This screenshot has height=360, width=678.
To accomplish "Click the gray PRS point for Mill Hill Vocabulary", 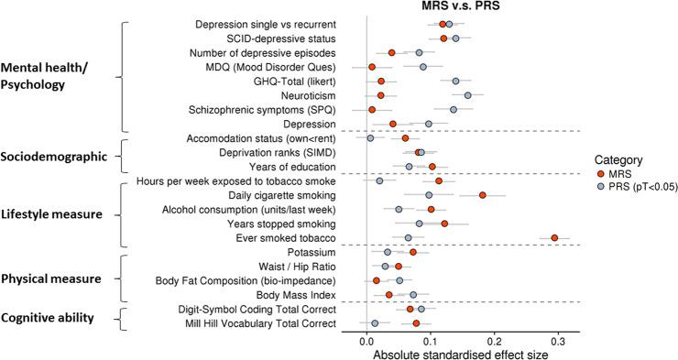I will pos(375,323).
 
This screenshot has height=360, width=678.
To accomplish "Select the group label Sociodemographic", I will pos(56,157).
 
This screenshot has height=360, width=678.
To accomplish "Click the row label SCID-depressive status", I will pos(280,38).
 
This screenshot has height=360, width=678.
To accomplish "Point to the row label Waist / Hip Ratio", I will pos(294,267).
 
